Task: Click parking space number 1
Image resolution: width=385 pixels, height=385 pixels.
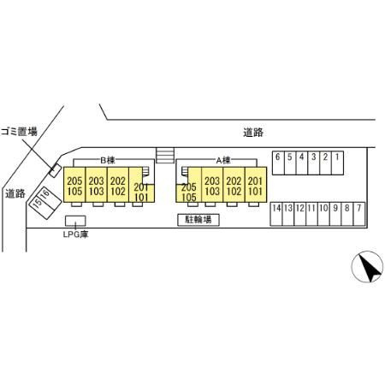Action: (338, 163)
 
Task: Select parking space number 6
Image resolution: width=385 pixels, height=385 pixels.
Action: (278, 163)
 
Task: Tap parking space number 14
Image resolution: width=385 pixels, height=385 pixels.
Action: (276, 214)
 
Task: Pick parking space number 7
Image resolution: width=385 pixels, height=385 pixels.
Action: (359, 214)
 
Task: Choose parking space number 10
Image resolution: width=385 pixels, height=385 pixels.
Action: (323, 214)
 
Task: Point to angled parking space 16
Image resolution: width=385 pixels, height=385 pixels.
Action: (50, 199)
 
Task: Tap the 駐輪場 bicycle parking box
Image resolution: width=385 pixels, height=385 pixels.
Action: (198, 220)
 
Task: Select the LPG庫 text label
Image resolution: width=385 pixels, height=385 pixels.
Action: (75, 234)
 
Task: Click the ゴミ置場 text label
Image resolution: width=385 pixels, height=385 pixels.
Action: (19, 132)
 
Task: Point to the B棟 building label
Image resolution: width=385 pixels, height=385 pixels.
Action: (108, 161)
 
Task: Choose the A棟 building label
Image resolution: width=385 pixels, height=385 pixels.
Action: (223, 161)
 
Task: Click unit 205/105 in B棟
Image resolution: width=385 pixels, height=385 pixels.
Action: (74, 185)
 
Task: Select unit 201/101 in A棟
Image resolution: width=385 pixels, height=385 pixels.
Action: (256, 185)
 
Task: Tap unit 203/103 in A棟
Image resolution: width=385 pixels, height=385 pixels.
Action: (212, 185)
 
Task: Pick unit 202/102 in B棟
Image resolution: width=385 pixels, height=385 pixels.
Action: (118, 185)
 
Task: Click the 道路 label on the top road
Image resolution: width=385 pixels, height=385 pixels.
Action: (253, 133)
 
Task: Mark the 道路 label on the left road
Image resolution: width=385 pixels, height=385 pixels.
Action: (15, 194)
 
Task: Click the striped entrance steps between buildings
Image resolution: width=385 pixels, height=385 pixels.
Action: (165, 156)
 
